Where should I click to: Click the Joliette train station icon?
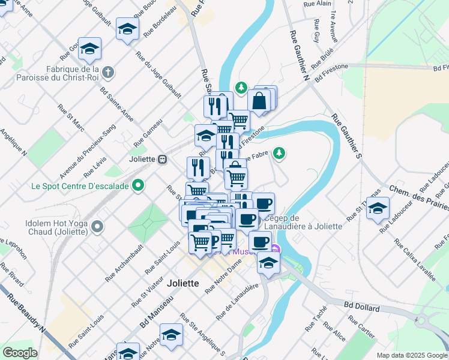(x=161, y=160)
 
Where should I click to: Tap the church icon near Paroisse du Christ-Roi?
(x=108, y=73)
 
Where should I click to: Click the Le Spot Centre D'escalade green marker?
(x=139, y=186)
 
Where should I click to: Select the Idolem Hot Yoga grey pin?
(x=98, y=226)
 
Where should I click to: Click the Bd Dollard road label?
(x=362, y=307)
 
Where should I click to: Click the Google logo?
(x=20, y=353)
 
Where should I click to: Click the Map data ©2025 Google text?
(x=412, y=355)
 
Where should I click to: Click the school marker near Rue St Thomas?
(x=378, y=210)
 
